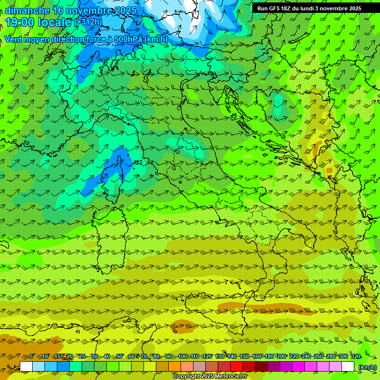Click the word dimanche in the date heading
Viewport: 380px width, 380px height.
27,10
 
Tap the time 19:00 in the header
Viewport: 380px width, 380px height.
20,22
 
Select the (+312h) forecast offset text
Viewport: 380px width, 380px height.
90,22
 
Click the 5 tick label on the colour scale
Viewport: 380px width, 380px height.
32,357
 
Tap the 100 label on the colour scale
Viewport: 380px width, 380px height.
183,357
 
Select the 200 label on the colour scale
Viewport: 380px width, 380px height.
282,357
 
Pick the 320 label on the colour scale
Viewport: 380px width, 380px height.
356,357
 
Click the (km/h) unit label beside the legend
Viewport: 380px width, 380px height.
367,367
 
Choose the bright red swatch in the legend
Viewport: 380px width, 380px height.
237,367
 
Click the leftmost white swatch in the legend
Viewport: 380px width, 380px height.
26,367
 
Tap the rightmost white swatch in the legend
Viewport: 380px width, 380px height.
348,367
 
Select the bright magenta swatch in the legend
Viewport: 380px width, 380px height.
298,367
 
